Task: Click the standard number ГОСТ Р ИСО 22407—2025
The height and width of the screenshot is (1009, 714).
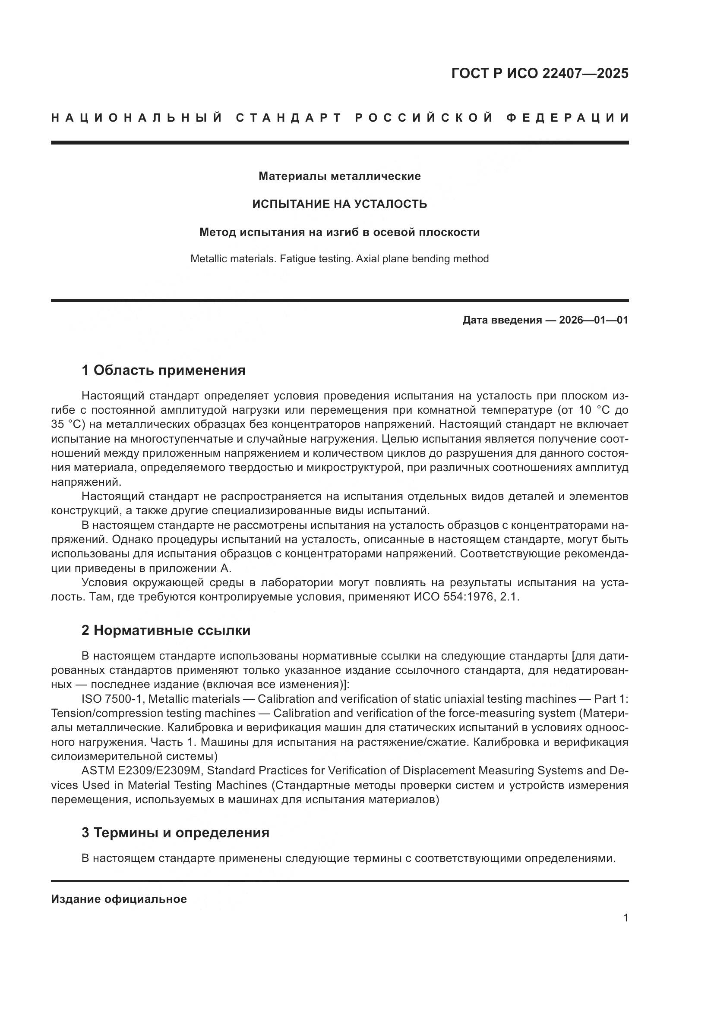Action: click(x=540, y=73)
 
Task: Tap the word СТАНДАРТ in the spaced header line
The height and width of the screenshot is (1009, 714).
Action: click(x=288, y=118)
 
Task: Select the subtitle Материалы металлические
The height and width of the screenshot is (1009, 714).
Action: click(x=339, y=176)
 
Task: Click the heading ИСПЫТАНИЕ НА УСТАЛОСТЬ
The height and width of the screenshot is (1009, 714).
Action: click(x=339, y=204)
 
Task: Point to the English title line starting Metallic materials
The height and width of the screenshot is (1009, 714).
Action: click(x=339, y=259)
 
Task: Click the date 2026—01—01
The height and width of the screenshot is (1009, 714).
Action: click(x=594, y=320)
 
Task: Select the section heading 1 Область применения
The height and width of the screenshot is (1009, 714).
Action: click(x=163, y=370)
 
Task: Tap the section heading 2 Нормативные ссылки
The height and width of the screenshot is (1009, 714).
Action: click(x=166, y=630)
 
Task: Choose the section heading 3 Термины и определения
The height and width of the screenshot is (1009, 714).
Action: click(x=175, y=832)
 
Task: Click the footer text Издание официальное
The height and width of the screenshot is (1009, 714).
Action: click(x=119, y=899)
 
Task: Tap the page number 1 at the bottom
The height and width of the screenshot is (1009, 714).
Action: click(x=625, y=918)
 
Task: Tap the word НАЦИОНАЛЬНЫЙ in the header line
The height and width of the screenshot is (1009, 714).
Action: click(x=137, y=118)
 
